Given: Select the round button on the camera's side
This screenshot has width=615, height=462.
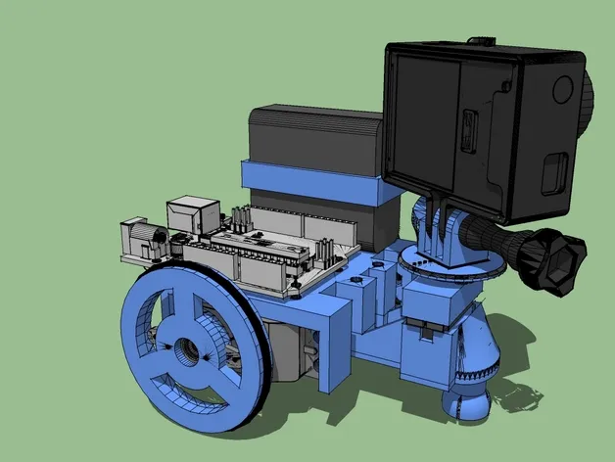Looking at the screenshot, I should pos(561,89).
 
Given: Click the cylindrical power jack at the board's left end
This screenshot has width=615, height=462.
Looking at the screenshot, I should pos(141,239).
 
